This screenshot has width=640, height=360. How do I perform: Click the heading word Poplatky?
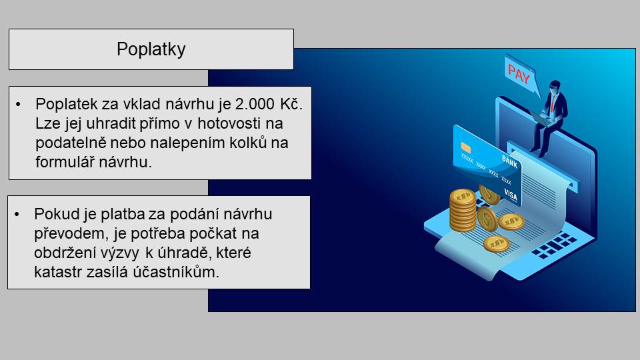point(151,49)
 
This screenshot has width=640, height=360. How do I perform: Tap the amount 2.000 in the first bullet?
point(255,104)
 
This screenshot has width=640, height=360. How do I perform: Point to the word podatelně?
point(70,143)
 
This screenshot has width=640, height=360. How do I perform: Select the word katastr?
point(58,272)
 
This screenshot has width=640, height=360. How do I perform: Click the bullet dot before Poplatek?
point(18,105)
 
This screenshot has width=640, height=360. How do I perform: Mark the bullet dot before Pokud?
point(17,214)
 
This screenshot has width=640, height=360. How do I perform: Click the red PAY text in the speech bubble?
point(519,73)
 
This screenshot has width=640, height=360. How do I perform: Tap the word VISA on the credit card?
point(511,195)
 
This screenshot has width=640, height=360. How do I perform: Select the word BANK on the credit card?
point(509,161)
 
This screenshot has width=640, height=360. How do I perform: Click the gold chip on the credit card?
point(465,147)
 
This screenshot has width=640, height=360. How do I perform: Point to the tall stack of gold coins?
point(463,210)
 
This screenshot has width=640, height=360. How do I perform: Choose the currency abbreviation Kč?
point(291,104)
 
